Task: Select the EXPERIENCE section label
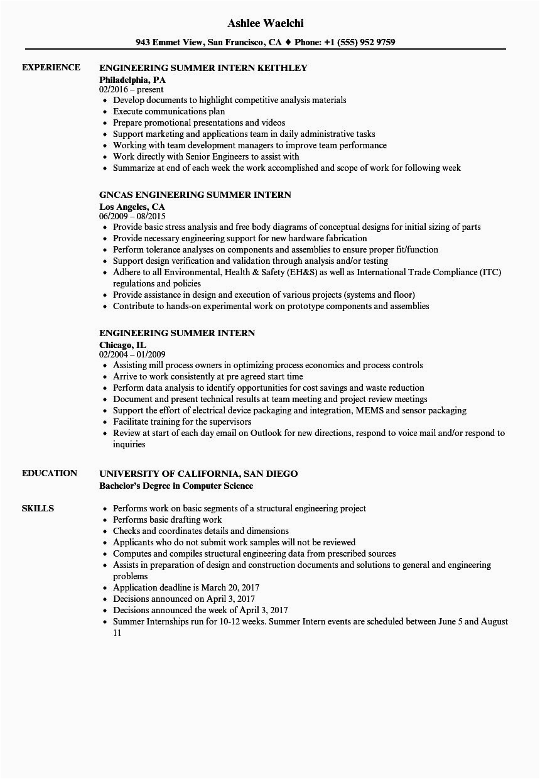click(51, 67)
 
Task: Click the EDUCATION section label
click(50, 473)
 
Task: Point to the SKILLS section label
click(38, 508)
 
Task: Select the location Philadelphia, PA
click(132, 79)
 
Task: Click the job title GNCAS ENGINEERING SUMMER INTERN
click(195, 195)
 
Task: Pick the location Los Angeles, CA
click(132, 206)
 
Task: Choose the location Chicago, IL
click(123, 344)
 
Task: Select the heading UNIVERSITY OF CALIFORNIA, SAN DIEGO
click(198, 474)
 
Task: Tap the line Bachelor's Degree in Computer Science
click(176, 485)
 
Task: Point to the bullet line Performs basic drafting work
click(167, 520)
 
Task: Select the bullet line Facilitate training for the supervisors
click(182, 422)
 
